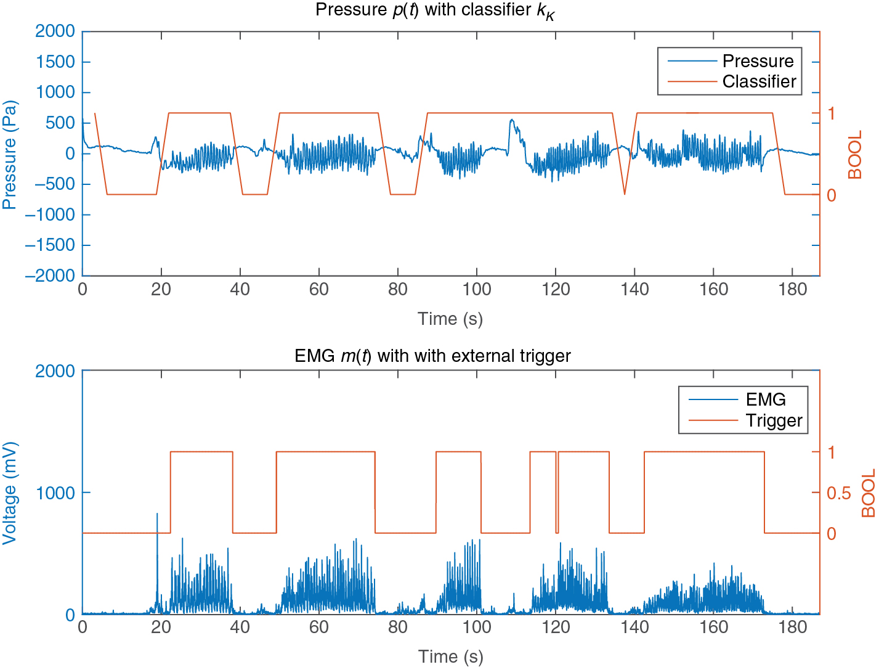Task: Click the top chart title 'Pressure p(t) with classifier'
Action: [x=435, y=10]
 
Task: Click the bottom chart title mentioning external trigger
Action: [x=432, y=356]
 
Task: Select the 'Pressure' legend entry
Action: [x=758, y=61]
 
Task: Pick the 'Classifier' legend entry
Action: [x=759, y=81]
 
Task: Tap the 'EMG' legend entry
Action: [x=766, y=399]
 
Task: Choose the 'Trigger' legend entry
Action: [x=774, y=420]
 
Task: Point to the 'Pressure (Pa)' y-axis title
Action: [x=9, y=154]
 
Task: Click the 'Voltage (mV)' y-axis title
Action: [x=9, y=493]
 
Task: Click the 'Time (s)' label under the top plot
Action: [x=450, y=319]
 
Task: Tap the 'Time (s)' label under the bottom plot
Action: [x=450, y=657]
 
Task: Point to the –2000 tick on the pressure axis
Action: [x=49, y=276]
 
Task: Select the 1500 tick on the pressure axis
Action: [x=56, y=62]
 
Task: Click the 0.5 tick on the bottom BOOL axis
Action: [x=838, y=493]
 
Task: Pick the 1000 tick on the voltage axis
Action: [x=56, y=493]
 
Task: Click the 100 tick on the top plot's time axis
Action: [x=477, y=289]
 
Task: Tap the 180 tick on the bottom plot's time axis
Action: [x=793, y=628]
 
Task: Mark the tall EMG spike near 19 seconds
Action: [x=157, y=515]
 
